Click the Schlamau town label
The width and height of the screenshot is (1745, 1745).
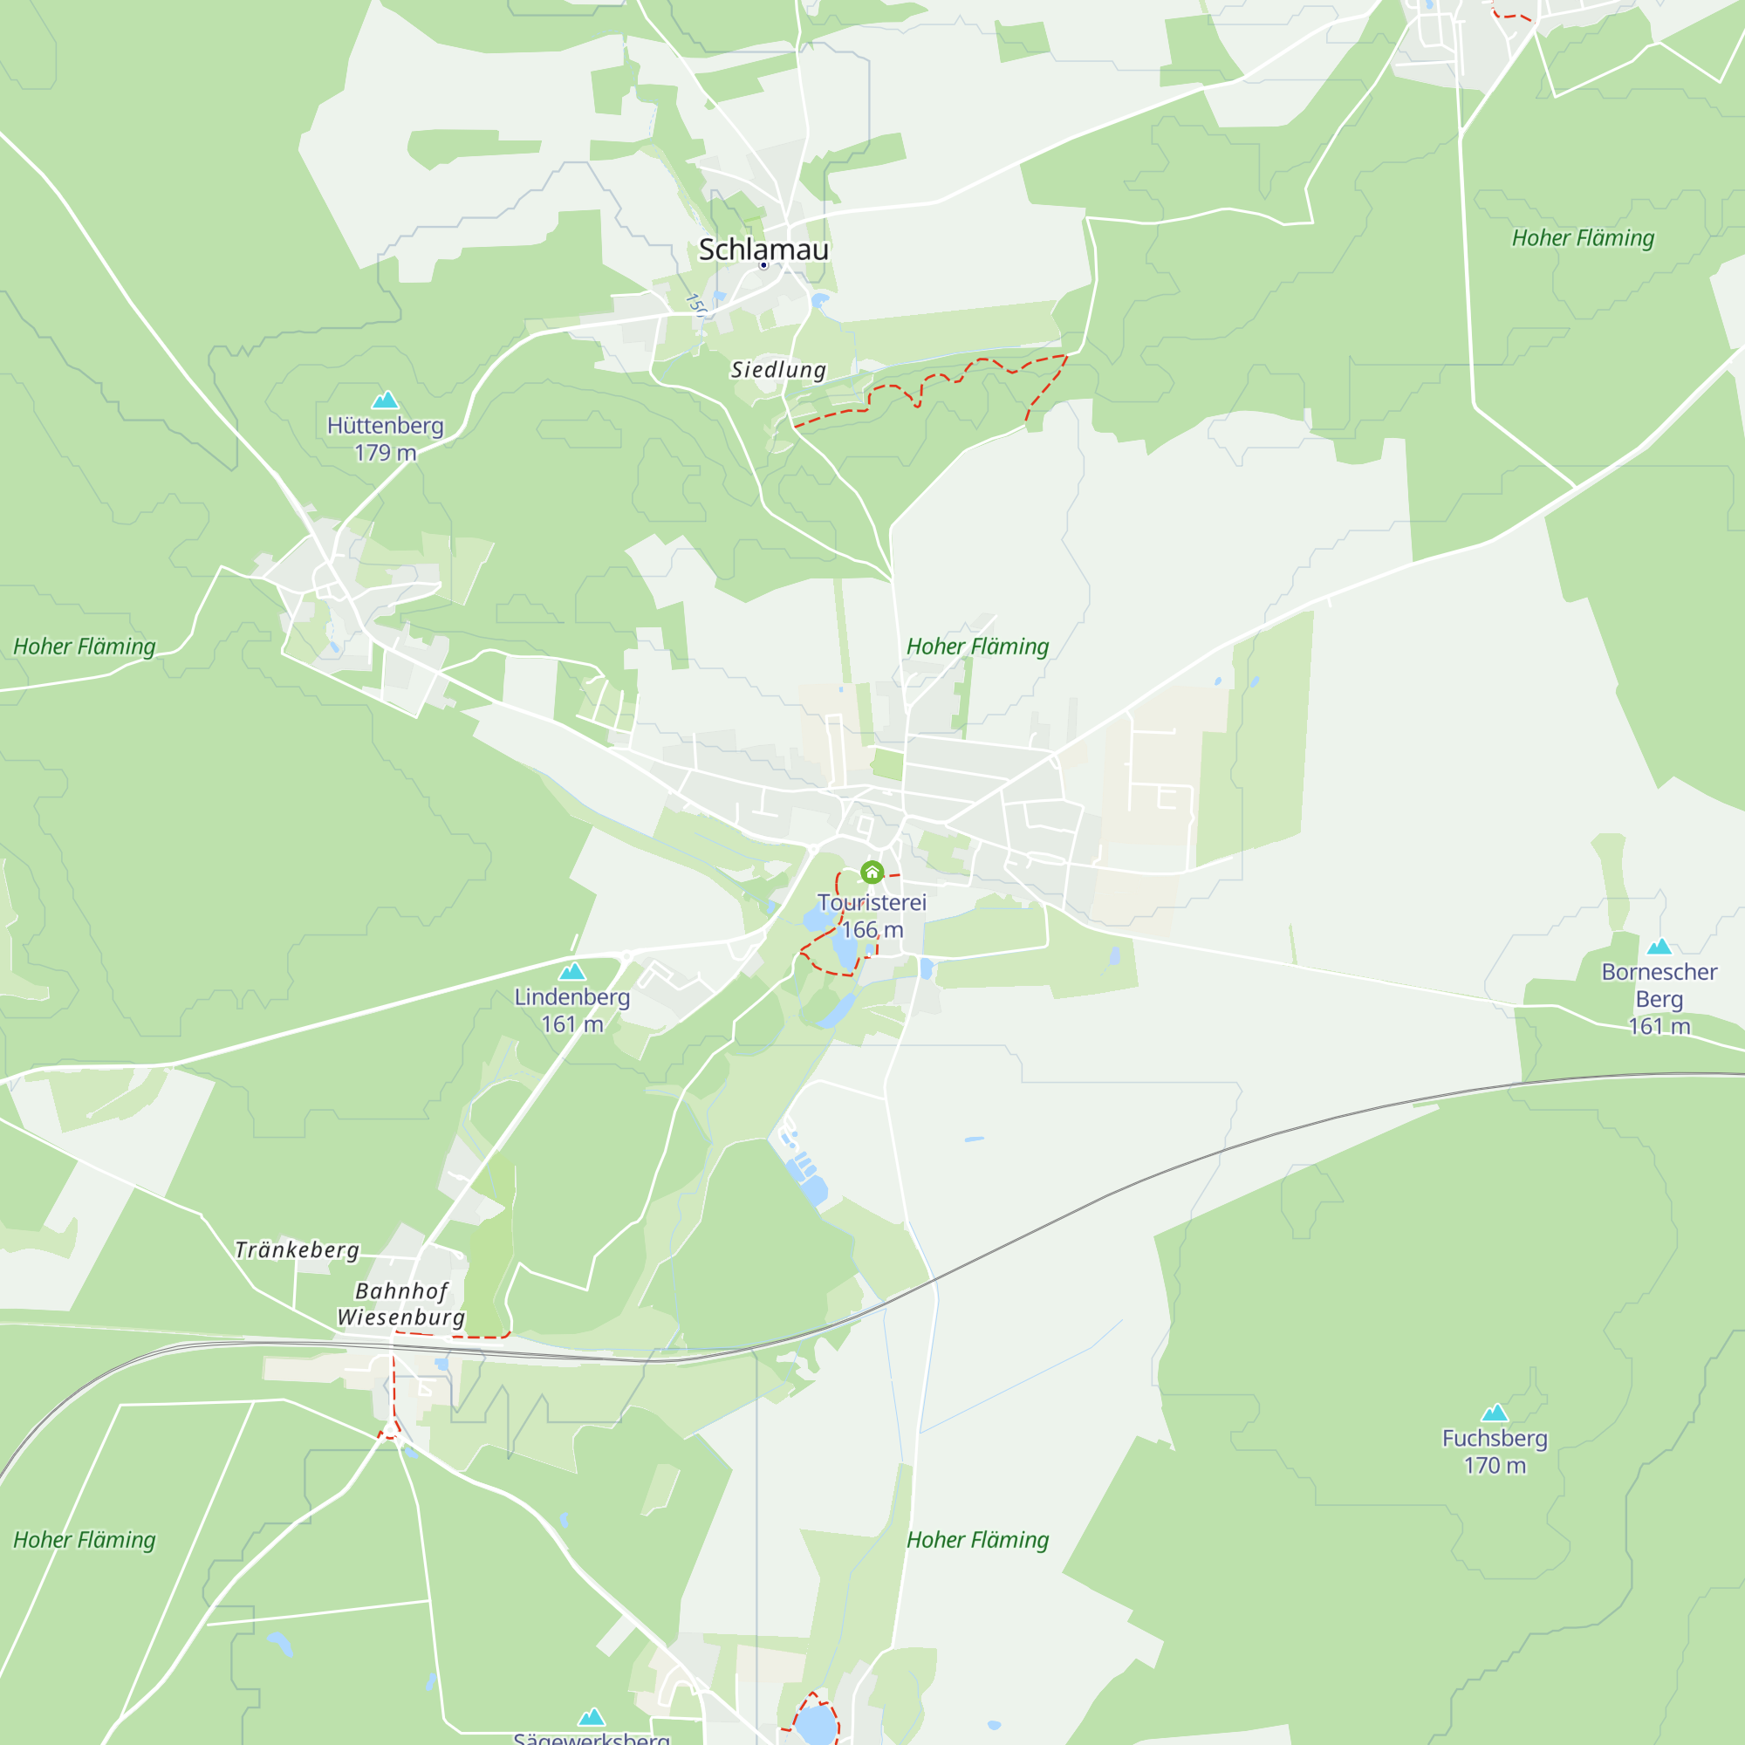coord(763,250)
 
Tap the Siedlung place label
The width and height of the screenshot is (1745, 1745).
coord(777,369)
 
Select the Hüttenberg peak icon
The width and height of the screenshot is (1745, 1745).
coord(386,400)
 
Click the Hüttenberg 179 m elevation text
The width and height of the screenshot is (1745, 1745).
coord(386,439)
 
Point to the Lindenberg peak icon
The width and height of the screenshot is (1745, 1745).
coord(572,972)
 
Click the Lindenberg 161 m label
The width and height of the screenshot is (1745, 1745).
coord(572,1009)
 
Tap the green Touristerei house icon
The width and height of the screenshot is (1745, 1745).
coord(872,872)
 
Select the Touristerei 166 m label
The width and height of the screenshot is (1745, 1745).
coord(872,916)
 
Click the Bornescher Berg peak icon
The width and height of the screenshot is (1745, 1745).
coord(1659,947)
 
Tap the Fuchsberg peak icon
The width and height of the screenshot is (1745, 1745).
coord(1495,1413)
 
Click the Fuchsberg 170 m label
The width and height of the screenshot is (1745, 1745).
coord(1495,1452)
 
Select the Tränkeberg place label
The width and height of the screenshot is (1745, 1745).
coord(298,1250)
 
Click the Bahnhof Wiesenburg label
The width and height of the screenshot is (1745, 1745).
coord(401,1304)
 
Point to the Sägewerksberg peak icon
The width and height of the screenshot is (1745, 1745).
coord(592,1716)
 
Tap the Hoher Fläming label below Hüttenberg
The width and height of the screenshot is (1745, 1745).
coord(84,647)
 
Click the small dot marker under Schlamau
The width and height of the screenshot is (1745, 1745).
coord(763,265)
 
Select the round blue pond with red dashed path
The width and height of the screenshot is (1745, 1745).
coord(816,1723)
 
